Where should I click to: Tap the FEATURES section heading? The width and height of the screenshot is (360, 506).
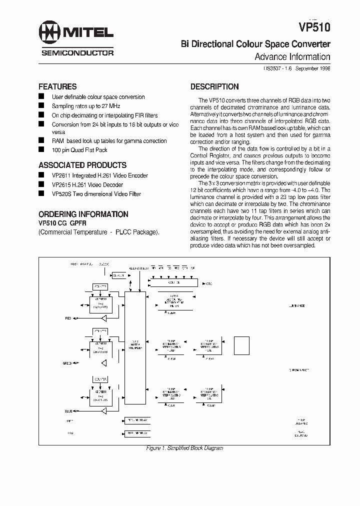click(x=57, y=86)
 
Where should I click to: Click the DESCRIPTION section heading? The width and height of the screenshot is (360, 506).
click(x=214, y=86)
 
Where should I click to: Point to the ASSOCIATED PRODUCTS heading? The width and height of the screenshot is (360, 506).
click(x=82, y=165)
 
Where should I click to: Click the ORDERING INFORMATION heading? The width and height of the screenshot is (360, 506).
click(x=83, y=214)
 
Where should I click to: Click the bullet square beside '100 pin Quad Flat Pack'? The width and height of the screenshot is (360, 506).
click(x=41, y=150)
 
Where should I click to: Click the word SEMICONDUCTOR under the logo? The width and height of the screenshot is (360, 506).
click(x=77, y=52)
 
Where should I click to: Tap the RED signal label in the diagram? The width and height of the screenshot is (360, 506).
click(x=68, y=318)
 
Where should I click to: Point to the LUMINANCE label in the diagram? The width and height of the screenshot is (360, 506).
click(x=297, y=305)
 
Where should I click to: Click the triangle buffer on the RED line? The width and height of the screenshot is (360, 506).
click(x=104, y=318)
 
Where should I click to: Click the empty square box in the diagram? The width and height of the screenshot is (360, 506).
click(x=241, y=345)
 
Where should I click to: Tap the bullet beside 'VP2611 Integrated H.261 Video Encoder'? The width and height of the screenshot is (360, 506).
click(x=41, y=175)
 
